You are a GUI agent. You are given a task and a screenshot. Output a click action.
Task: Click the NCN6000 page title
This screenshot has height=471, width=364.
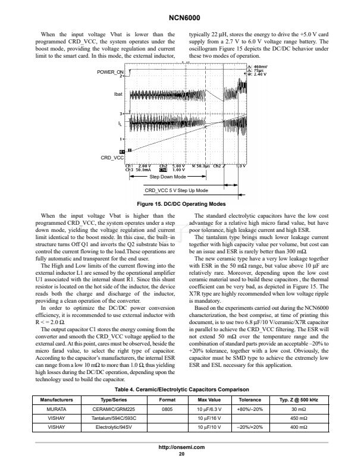[x=182, y=18]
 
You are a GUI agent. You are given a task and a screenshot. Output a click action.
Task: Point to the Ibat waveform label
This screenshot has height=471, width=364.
[x=117, y=94]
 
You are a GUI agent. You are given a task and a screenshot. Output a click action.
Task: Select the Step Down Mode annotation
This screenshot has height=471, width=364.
[x=168, y=177]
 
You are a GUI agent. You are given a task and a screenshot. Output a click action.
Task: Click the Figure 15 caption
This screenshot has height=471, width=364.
[x=182, y=204]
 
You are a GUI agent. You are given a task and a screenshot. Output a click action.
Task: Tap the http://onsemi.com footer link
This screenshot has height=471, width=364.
[x=182, y=446]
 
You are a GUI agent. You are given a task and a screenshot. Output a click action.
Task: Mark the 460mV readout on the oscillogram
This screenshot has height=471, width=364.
[x=260, y=67]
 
